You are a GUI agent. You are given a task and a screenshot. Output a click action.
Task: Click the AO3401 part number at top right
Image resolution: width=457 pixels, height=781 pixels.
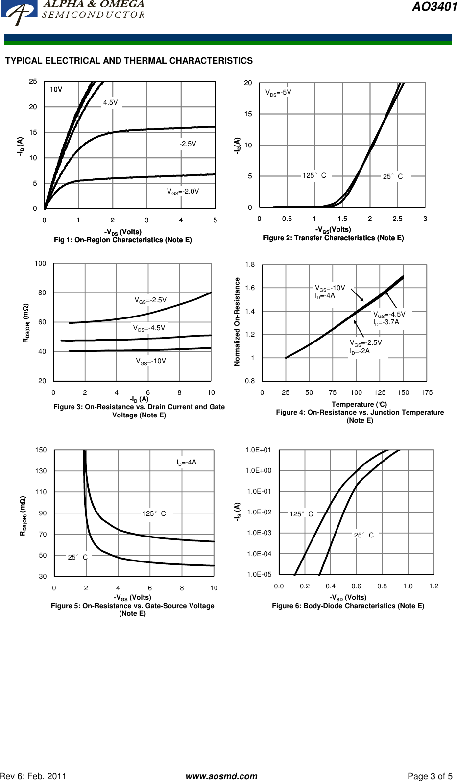pyautogui.click(x=434, y=7)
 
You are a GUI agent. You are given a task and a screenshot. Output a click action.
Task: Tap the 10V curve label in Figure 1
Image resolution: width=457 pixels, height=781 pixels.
pyautogui.click(x=56, y=89)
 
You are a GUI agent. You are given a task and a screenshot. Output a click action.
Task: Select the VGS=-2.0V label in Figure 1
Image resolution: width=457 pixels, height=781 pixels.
pyautogui.click(x=183, y=192)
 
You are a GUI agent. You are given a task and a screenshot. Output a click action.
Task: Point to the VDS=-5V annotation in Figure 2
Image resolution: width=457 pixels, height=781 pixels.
pyautogui.click(x=278, y=92)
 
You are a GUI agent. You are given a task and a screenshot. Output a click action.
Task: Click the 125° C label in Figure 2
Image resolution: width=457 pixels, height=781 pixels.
pyautogui.click(x=314, y=175)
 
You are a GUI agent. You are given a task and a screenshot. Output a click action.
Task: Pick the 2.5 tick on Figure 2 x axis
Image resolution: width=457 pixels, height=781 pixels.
pyautogui.click(x=397, y=219)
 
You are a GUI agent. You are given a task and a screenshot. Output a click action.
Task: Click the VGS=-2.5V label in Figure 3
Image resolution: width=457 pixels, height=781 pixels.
pyautogui.click(x=150, y=300)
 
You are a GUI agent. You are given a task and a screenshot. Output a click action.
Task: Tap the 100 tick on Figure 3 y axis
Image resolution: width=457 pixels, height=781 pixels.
pyautogui.click(x=40, y=263)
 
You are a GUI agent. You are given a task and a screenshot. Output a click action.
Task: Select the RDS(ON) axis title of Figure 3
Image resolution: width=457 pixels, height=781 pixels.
pyautogui.click(x=25, y=323)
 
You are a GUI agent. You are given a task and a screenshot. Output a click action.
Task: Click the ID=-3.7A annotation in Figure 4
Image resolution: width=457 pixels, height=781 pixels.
pyautogui.click(x=386, y=322)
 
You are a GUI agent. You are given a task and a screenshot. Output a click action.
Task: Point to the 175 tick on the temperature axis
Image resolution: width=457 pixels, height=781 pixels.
pyautogui.click(x=427, y=392)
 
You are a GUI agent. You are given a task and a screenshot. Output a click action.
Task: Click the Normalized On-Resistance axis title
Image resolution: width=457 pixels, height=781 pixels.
pyautogui.click(x=237, y=321)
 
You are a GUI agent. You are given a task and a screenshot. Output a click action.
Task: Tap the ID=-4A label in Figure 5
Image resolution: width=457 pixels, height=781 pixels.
pyautogui.click(x=187, y=462)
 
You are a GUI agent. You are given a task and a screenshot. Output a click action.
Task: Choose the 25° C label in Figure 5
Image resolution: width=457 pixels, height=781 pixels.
pyautogui.click(x=77, y=557)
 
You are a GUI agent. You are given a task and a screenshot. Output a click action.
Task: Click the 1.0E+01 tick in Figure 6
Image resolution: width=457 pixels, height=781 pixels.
pyautogui.click(x=258, y=450)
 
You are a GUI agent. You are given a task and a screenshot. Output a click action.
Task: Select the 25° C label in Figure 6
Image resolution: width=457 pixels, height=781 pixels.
pyautogui.click(x=363, y=535)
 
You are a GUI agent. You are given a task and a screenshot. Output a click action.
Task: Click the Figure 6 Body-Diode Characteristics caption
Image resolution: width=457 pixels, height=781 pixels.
pyautogui.click(x=348, y=606)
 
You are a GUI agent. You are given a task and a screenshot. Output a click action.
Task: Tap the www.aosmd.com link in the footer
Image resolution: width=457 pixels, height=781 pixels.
pyautogui.click(x=221, y=776)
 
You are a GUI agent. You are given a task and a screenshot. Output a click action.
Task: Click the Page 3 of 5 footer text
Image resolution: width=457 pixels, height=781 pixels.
pyautogui.click(x=430, y=776)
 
